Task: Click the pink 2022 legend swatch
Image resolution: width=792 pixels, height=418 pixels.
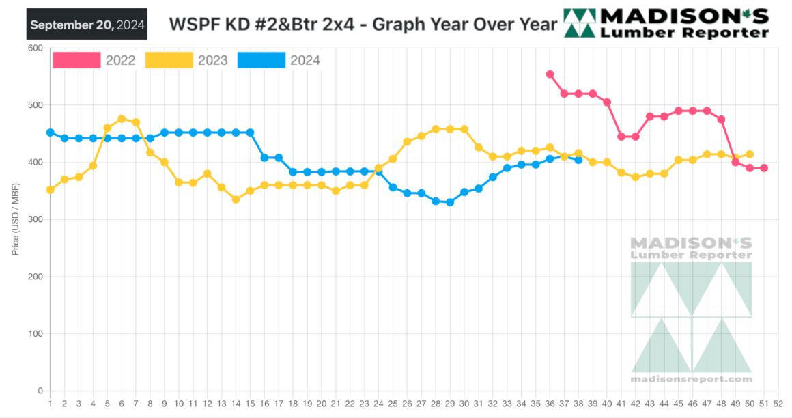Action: [x=76, y=60]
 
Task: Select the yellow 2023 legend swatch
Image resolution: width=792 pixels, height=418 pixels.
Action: [x=169, y=60]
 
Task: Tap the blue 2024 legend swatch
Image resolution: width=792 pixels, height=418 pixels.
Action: [x=261, y=60]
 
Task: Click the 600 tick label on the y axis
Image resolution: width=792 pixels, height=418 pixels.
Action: [x=36, y=48]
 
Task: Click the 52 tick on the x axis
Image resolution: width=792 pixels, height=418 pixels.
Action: [x=778, y=404]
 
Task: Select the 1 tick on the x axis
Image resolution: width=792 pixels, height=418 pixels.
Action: [x=50, y=404]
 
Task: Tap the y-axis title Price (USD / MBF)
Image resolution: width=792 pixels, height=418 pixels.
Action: [x=15, y=219]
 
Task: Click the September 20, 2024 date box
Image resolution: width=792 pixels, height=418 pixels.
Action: [x=87, y=25]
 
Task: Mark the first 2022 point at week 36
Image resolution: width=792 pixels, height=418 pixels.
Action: [x=550, y=74]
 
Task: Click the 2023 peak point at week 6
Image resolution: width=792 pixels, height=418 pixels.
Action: [x=122, y=119]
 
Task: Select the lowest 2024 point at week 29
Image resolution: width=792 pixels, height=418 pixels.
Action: [x=449, y=202]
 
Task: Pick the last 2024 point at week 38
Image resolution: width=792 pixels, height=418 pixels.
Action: [x=578, y=160]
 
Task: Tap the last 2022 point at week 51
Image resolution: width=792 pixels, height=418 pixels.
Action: [x=764, y=168]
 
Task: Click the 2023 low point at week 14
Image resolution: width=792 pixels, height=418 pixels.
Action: [x=236, y=199]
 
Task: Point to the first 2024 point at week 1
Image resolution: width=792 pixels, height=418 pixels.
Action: [x=50, y=133]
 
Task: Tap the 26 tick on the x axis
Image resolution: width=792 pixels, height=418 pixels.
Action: [x=407, y=404]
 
